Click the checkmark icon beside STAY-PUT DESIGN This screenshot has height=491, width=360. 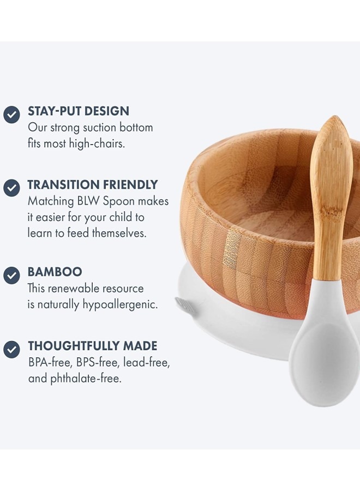(11, 115)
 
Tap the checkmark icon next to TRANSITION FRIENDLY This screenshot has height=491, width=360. (11, 188)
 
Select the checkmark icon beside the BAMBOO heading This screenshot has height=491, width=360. (11, 276)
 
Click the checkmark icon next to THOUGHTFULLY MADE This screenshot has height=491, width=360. (11, 349)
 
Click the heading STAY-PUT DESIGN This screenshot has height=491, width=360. (79, 111)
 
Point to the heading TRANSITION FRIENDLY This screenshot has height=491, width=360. (93, 185)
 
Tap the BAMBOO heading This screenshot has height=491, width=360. (55, 272)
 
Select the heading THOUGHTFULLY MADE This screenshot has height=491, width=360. (93, 346)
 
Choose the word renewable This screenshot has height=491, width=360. (70, 289)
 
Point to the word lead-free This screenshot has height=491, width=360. (147, 363)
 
